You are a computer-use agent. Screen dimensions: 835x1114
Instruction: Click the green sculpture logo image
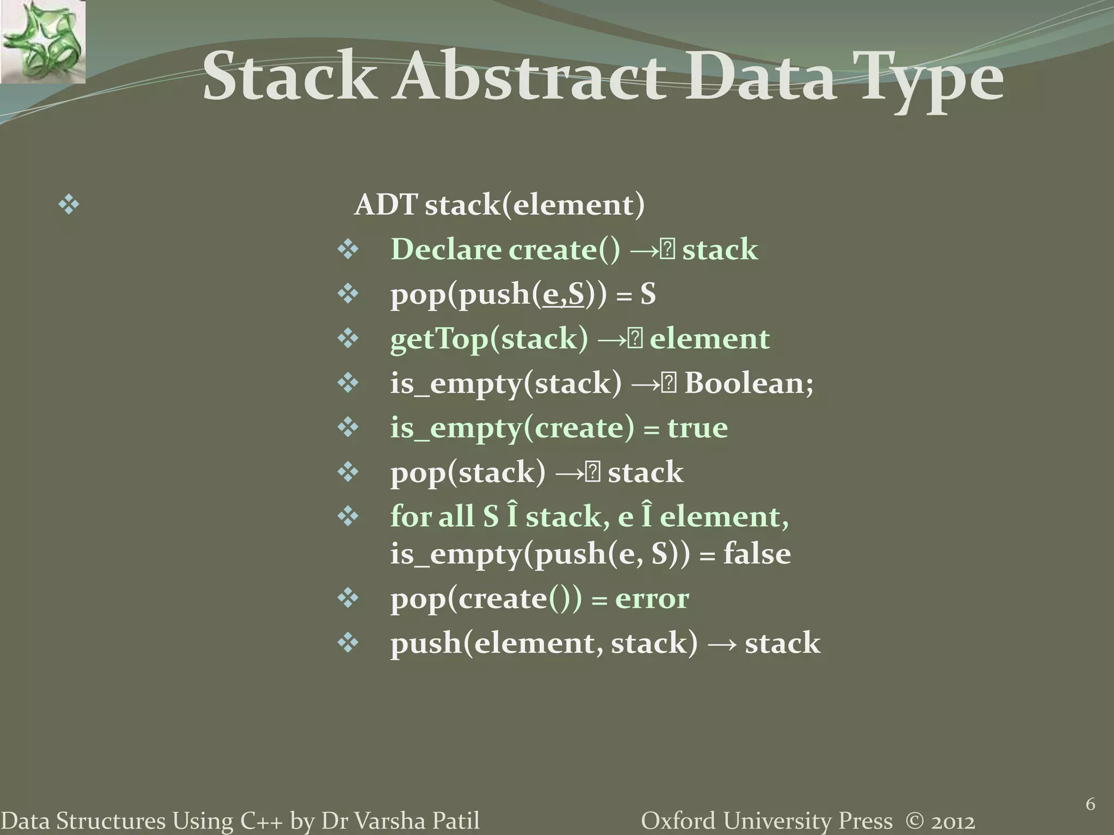point(42,41)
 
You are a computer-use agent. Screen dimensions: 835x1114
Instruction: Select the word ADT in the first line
point(386,205)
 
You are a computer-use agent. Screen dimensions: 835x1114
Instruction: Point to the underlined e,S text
point(563,295)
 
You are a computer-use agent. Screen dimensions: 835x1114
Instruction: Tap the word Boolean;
point(748,383)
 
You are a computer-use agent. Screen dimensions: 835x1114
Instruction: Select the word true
point(697,428)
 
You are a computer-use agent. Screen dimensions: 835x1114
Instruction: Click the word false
point(757,554)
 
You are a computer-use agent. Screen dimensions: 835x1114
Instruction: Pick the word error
point(652,599)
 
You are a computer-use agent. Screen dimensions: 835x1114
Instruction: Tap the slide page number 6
point(1090,804)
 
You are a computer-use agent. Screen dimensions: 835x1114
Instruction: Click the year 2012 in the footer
point(952,821)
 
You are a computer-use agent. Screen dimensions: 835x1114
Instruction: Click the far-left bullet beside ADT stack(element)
point(69,205)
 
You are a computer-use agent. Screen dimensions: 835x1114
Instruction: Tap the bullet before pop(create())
point(348,599)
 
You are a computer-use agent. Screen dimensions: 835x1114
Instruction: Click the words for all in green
point(432,516)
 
